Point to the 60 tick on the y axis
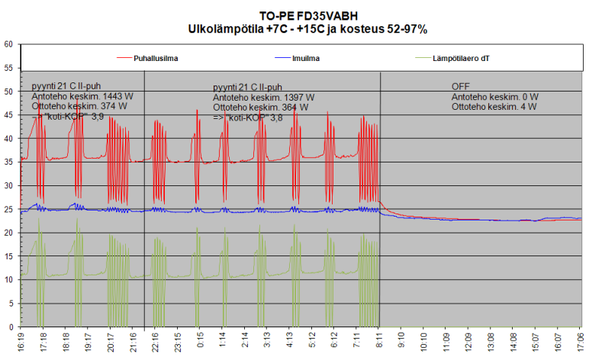tap(9, 44)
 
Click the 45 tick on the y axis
tap(9, 115)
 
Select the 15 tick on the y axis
tap(9, 256)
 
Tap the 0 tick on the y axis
tap(11, 326)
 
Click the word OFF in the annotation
tap(461, 86)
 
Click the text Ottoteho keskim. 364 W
tap(261, 108)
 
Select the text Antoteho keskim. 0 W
tap(494, 97)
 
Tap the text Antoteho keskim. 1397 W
tap(263, 98)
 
